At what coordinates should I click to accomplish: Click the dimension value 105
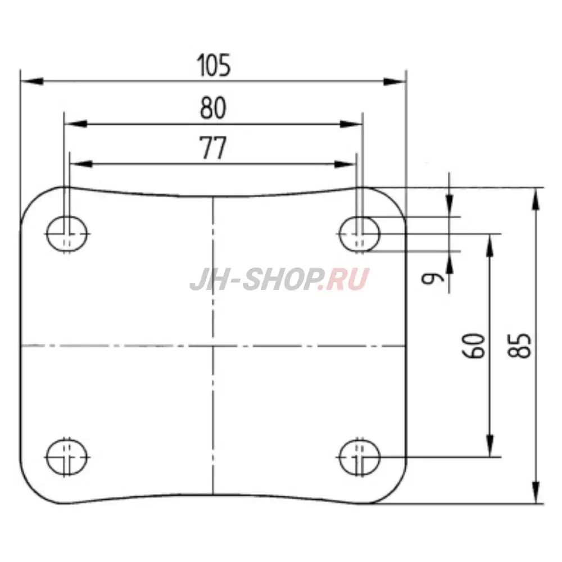point(214,66)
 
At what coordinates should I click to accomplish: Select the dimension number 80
point(213,108)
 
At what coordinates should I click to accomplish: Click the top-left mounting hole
point(67,232)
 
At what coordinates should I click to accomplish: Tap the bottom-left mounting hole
point(67,455)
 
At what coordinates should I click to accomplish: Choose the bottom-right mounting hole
point(360,456)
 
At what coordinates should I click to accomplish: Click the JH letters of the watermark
point(208,279)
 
